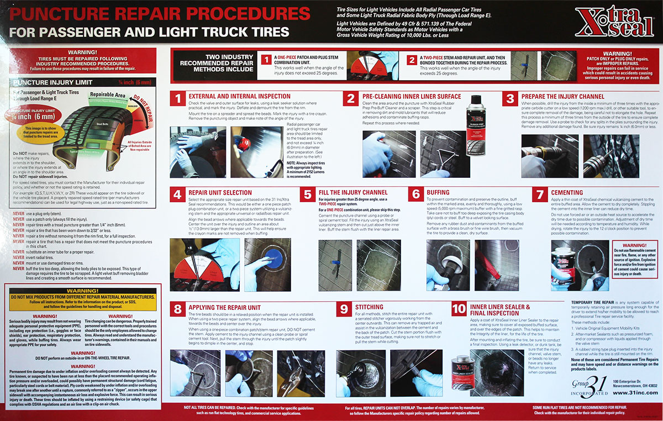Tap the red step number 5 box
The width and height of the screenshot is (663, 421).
pyautogui.click(x=307, y=195)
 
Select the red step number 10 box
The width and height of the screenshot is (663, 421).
pyautogui.click(x=458, y=309)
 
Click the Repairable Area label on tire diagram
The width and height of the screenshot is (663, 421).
pyautogui.click(x=109, y=95)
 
